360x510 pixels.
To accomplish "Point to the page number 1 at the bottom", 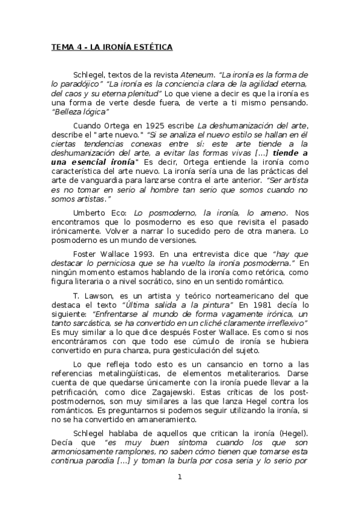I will pyautogui.click(x=180, y=477).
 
